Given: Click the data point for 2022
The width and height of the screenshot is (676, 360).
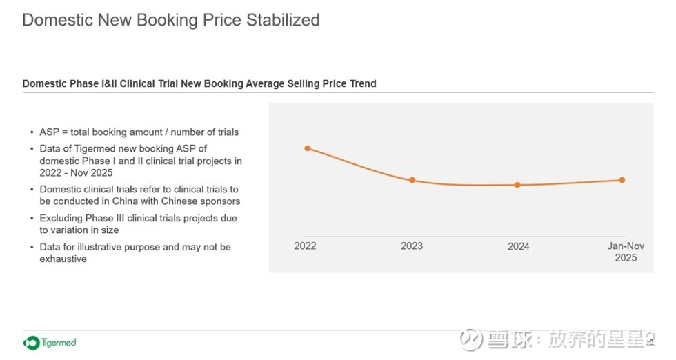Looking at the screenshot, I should [x=308, y=148].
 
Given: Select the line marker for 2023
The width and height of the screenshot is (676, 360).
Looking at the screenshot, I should [x=412, y=180].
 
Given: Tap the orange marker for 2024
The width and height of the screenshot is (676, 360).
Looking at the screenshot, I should [x=517, y=185].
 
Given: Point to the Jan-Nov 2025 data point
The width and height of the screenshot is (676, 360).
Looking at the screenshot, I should [x=622, y=180].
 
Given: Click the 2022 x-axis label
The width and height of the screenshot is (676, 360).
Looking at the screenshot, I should [x=305, y=246].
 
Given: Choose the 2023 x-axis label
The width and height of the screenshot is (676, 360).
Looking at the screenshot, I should [x=412, y=246].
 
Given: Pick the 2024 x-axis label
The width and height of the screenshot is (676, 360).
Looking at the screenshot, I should [x=519, y=246].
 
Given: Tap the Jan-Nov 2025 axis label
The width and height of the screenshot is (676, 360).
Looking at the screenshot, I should [x=626, y=252].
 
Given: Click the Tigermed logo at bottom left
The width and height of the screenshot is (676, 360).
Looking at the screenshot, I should [x=50, y=342].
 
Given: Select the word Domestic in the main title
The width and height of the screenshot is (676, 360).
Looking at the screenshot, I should [x=57, y=20].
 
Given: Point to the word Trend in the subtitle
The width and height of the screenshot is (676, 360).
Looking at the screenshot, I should [x=361, y=83].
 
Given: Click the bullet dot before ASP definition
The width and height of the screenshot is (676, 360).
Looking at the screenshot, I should [x=32, y=132].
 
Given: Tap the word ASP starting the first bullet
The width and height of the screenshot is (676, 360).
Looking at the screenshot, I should [x=49, y=132].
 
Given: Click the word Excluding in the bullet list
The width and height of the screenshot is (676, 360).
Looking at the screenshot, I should [x=61, y=218].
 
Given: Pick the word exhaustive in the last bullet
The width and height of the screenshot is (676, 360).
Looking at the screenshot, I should [x=63, y=259].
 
